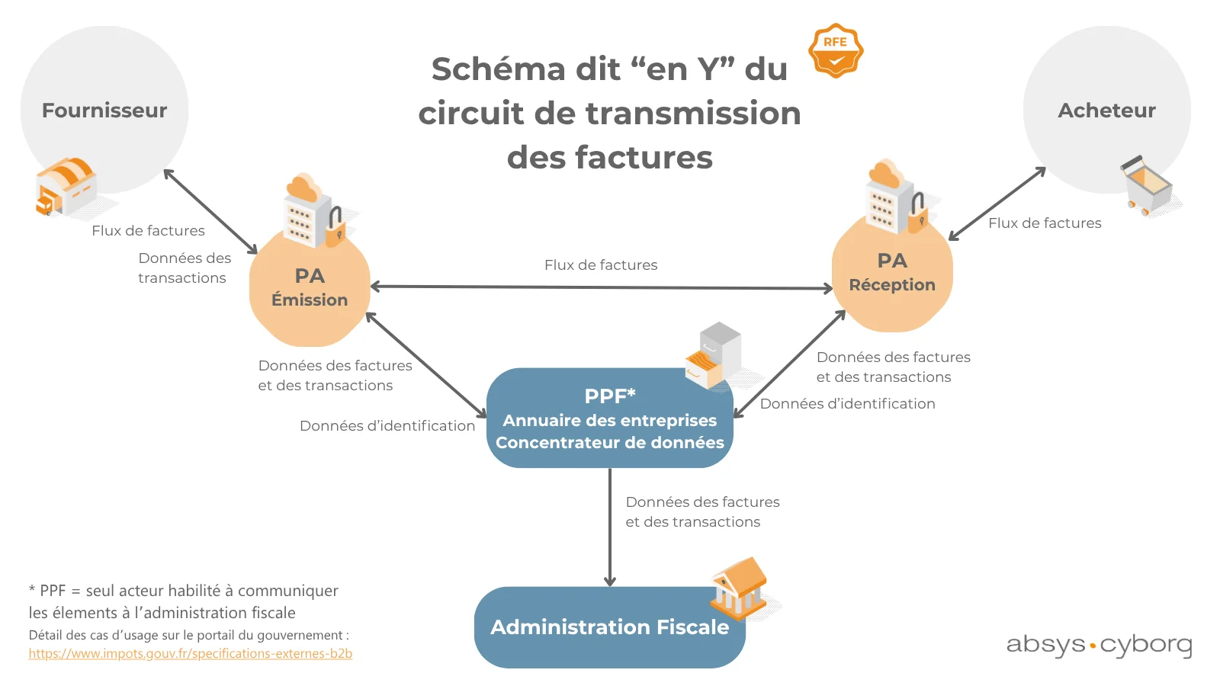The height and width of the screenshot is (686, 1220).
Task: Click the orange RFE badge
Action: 836,50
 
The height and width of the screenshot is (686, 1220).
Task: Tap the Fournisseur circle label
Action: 104,111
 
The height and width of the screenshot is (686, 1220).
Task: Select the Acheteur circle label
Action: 1106,111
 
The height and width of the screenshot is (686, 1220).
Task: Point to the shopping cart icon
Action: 1148,185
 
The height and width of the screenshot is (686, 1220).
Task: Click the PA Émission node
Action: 310,287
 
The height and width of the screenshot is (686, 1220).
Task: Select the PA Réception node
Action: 892,273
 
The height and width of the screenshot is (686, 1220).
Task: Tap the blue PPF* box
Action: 609,418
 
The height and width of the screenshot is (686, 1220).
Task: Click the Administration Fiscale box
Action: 609,627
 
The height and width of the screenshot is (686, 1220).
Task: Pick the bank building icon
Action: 738,588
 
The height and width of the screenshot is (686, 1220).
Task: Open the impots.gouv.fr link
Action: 191,653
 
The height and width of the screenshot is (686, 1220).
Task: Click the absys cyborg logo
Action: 1099,645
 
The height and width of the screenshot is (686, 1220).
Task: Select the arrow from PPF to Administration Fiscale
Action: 609,526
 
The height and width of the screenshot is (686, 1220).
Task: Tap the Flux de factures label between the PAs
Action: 601,265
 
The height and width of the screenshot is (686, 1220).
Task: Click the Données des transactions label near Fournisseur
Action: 184,268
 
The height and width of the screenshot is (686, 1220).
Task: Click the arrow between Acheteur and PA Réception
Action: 997,204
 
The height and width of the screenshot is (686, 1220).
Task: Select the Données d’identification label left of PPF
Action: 387,426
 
